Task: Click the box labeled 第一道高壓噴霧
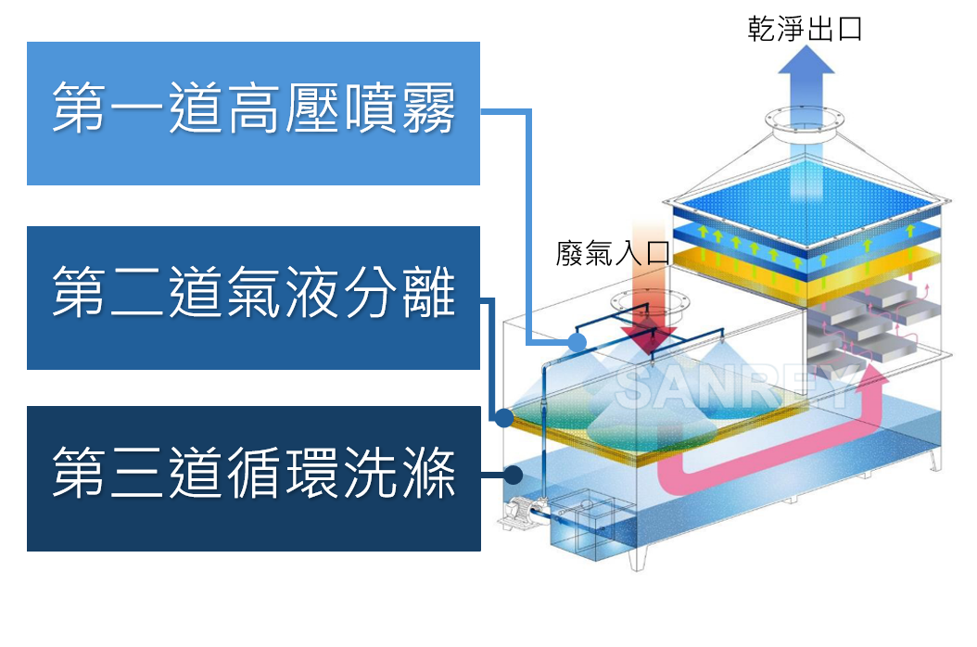253,113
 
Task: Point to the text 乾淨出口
805,29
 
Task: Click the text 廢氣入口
612,253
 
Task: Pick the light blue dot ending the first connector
577,343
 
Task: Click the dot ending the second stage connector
503,418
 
